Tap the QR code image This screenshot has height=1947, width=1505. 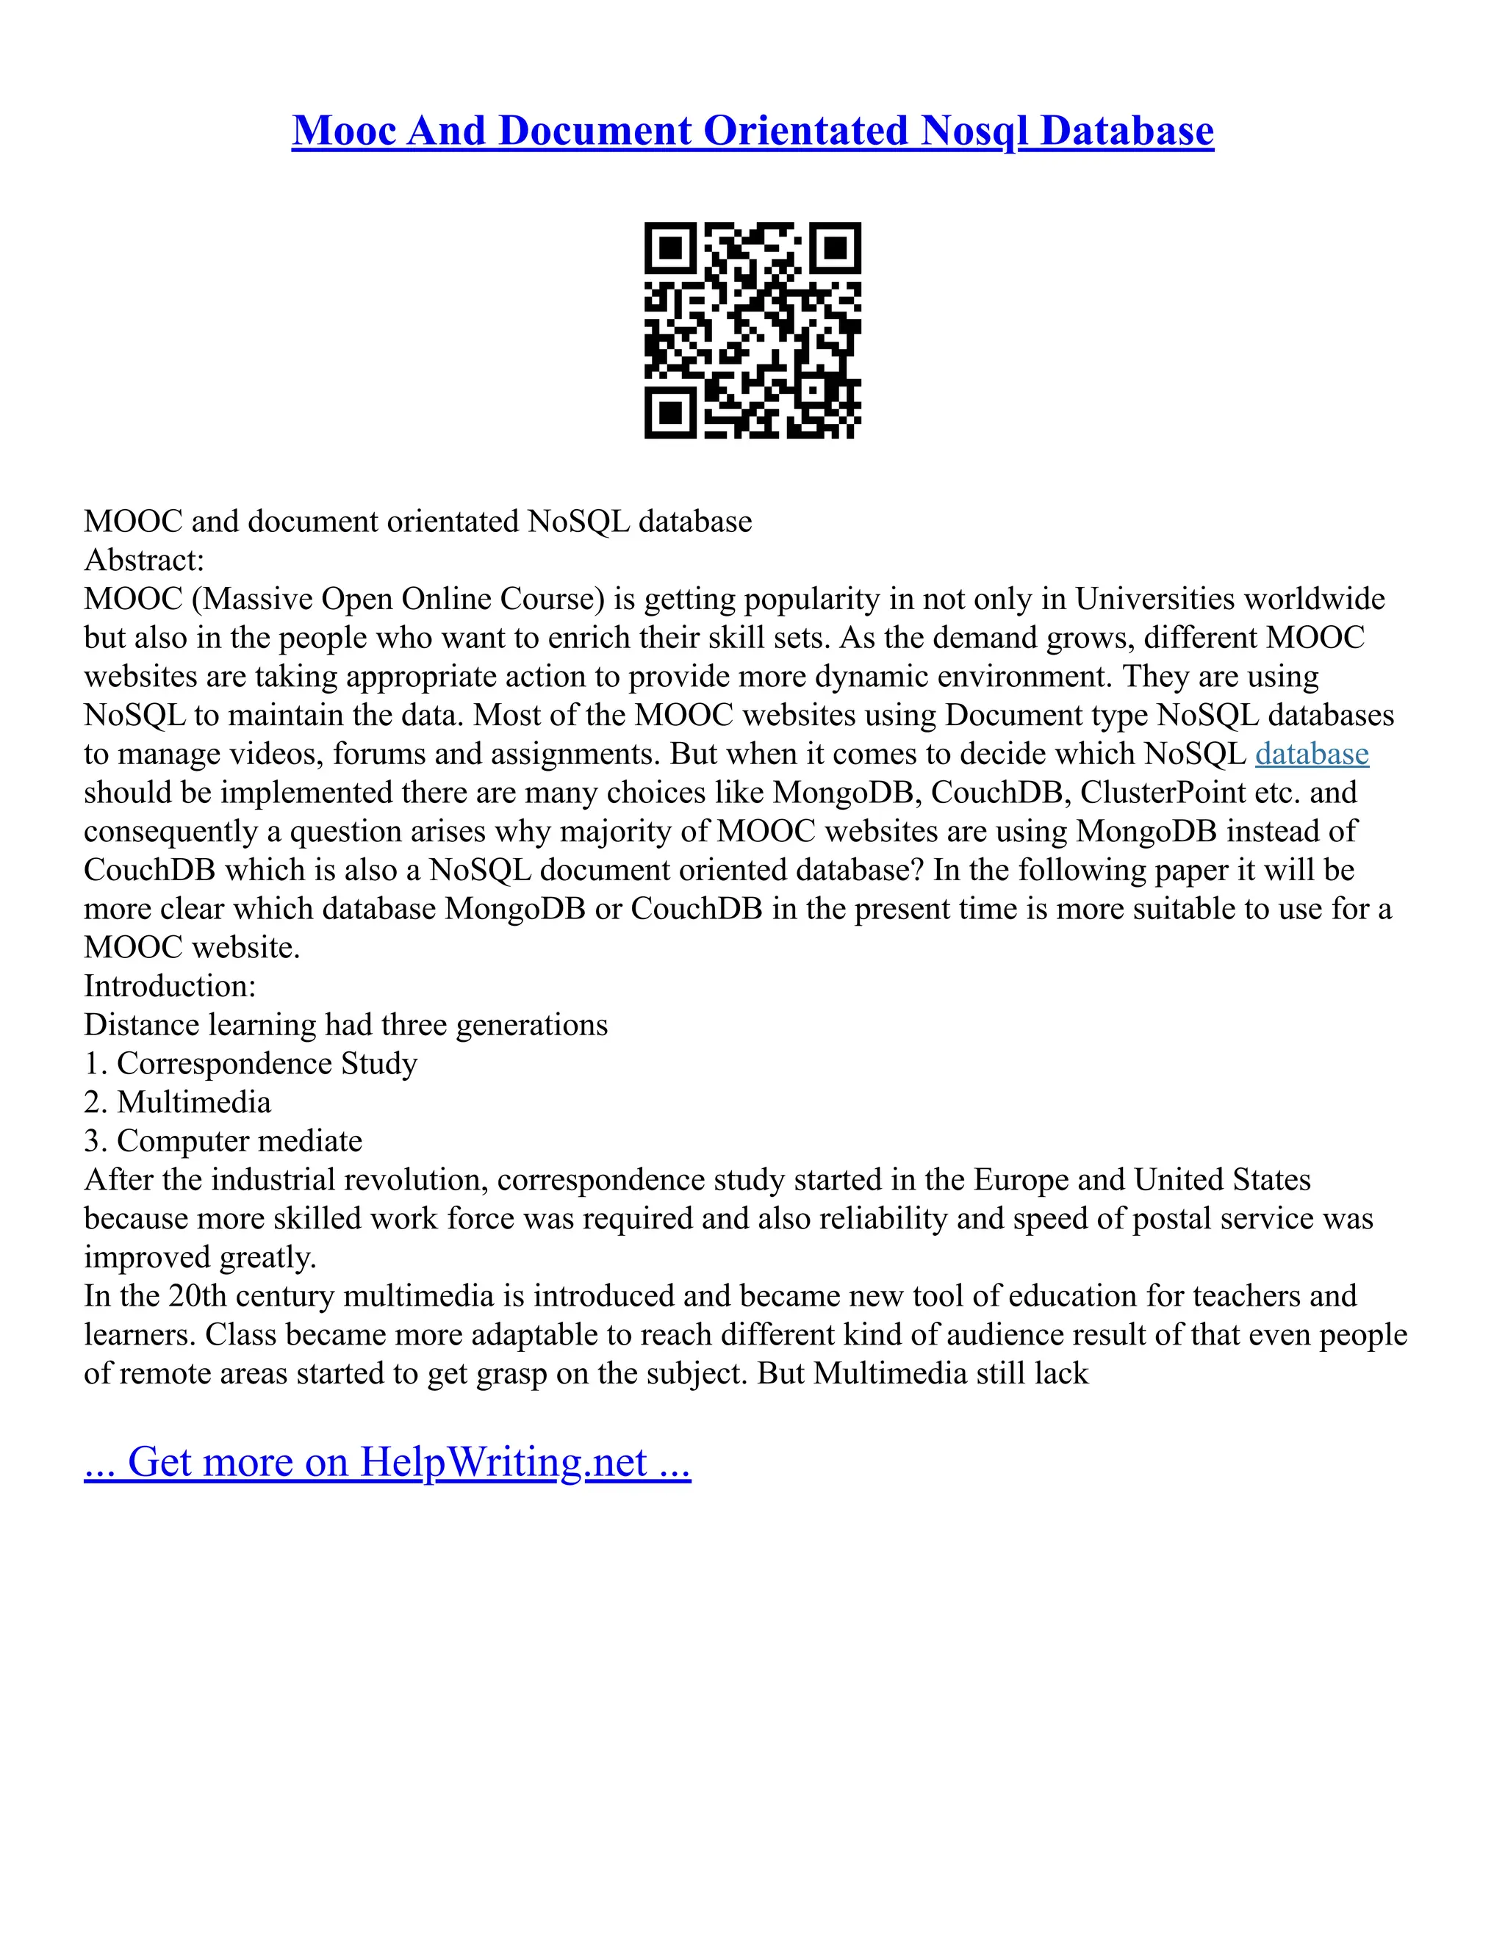point(752,331)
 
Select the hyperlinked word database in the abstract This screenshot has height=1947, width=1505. point(1312,755)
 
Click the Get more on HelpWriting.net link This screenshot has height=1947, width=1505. point(387,1463)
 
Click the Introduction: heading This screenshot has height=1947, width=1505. point(170,986)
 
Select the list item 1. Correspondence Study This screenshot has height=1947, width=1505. point(251,1064)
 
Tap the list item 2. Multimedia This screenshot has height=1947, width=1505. point(177,1103)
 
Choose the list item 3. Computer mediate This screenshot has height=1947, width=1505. point(223,1141)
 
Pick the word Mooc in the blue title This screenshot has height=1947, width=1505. point(344,131)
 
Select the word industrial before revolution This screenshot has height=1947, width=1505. point(276,1181)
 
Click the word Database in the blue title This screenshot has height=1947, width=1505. point(1127,131)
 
